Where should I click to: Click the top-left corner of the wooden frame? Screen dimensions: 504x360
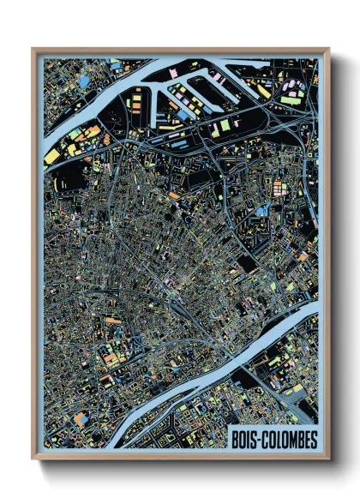33,50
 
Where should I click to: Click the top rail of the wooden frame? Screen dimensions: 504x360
180,51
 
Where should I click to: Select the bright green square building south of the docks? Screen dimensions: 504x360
225,125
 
